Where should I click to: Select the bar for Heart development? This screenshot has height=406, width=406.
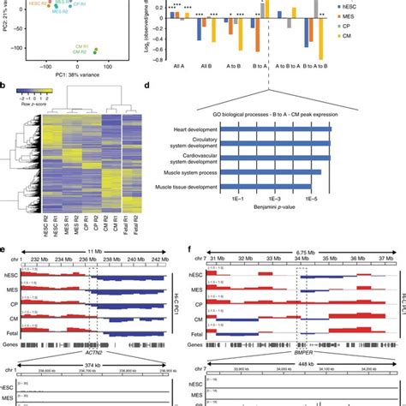click(275, 128)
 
